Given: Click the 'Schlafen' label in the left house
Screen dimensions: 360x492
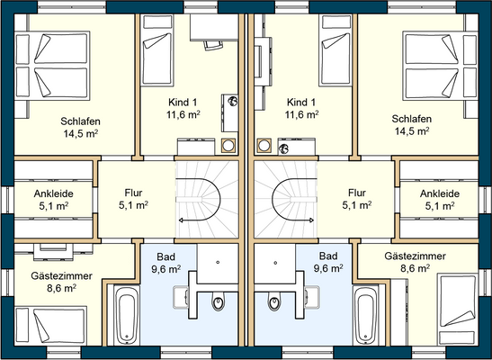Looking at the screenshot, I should pos(80,121).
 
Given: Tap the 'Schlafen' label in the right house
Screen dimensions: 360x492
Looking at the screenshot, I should pos(412,121).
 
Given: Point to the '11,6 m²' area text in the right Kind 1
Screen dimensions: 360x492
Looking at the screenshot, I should pos(301,115).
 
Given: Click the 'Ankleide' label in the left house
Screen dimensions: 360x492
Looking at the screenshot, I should pos(53,193).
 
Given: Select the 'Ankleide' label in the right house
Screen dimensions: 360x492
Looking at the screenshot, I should pos(439,193).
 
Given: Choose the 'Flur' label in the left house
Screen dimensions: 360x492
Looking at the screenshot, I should pos(133,193).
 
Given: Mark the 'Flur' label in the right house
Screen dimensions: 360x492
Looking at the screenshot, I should pos(357,193).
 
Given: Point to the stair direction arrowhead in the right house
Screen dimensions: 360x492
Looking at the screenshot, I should pos(309,219).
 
